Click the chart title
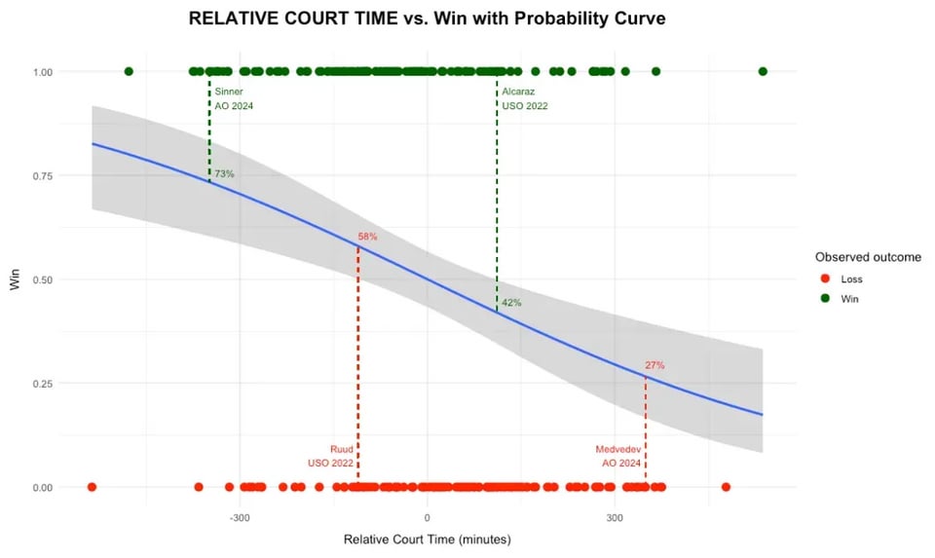click(427, 19)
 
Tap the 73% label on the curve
click(224, 174)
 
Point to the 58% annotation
click(367, 237)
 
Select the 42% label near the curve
click(511, 303)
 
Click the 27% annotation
click(654, 365)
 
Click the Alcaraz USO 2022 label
click(524, 98)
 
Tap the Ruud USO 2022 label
click(331, 456)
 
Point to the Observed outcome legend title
click(868, 257)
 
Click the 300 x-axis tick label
click(615, 517)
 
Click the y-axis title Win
click(15, 280)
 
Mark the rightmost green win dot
click(763, 71)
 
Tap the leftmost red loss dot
click(92, 487)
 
